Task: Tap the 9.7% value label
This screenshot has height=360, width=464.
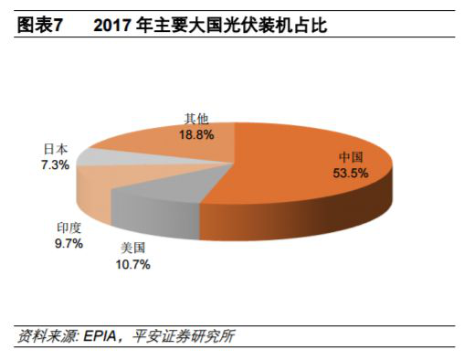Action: pos(69,244)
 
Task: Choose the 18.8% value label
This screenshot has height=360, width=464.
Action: pos(197,134)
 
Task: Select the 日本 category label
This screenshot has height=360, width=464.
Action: pos(56,147)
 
